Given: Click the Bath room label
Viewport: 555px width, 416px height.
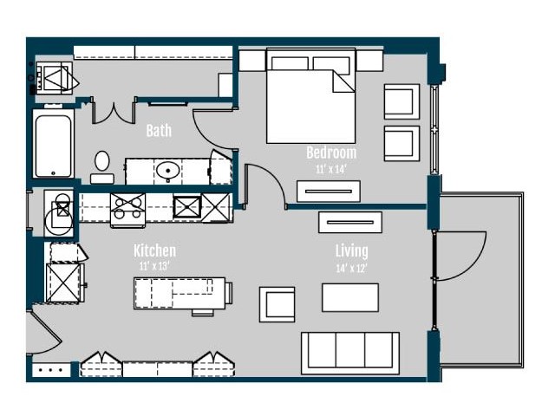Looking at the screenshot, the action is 159,131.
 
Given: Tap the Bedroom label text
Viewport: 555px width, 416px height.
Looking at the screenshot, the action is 331,153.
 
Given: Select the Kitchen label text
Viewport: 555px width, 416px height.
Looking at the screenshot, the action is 154,250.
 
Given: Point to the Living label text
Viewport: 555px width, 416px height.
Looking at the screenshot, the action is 351,251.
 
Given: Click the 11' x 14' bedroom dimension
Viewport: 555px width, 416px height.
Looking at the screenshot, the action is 330,170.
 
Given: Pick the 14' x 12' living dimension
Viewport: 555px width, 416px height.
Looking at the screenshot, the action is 351,269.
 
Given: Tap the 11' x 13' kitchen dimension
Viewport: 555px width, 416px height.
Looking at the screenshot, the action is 154,266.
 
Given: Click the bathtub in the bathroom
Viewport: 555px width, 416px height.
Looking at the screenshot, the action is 54,144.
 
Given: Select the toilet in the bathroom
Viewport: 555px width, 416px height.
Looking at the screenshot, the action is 102,167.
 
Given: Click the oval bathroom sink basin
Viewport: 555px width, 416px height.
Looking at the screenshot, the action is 167,170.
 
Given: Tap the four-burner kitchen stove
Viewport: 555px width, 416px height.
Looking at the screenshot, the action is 127,210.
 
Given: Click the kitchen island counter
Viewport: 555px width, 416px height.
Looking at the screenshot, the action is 180,293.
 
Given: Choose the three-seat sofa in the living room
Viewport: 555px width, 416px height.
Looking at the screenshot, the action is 350,353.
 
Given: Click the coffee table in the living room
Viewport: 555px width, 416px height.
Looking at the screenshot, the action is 350,297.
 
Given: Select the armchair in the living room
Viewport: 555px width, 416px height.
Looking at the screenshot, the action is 277,304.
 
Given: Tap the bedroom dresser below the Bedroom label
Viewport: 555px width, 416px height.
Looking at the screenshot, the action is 329,192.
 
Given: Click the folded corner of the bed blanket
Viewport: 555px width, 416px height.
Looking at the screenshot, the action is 343,81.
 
